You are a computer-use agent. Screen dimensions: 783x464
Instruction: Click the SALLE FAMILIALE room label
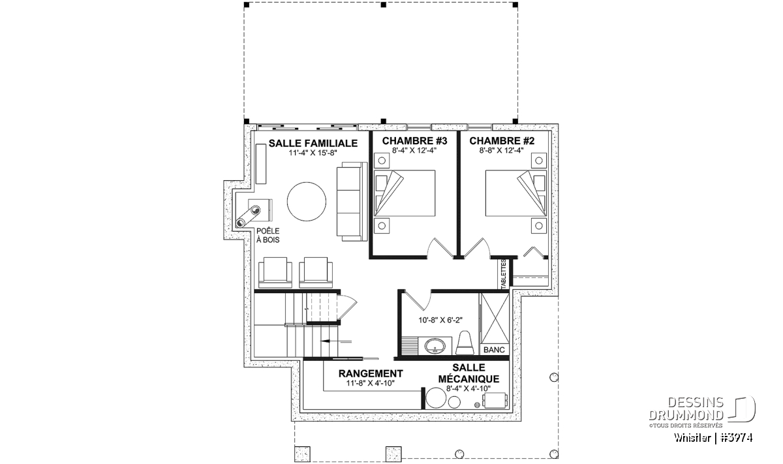(x=313, y=144)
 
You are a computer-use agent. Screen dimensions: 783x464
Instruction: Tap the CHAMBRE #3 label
(x=414, y=141)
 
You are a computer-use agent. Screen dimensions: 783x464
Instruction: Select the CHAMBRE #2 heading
(x=502, y=141)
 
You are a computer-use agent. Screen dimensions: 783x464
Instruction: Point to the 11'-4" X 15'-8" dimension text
(x=313, y=153)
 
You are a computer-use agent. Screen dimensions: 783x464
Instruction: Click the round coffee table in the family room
(x=307, y=202)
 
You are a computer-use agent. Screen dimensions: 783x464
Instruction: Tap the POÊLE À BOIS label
(x=268, y=236)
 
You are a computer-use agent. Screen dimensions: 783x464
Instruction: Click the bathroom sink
(x=435, y=347)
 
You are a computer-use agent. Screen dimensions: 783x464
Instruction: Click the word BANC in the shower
(x=495, y=350)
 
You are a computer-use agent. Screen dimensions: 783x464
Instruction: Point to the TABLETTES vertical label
(x=503, y=274)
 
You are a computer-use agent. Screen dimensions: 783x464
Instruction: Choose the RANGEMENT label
(x=371, y=374)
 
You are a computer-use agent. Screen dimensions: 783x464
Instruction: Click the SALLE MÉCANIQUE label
(x=468, y=373)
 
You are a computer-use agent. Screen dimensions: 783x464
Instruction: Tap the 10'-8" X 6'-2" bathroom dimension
(x=440, y=320)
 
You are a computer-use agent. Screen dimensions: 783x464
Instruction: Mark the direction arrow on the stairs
(x=335, y=341)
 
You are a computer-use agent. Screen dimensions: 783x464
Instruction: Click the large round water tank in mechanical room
(x=437, y=398)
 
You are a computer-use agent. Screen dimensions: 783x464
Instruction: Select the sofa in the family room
(x=352, y=202)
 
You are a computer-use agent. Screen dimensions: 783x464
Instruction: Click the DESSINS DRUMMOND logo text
(x=686, y=409)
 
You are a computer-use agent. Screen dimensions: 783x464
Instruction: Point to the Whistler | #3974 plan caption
(x=713, y=438)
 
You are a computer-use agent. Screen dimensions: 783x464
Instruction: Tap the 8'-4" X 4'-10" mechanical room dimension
(x=468, y=388)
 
